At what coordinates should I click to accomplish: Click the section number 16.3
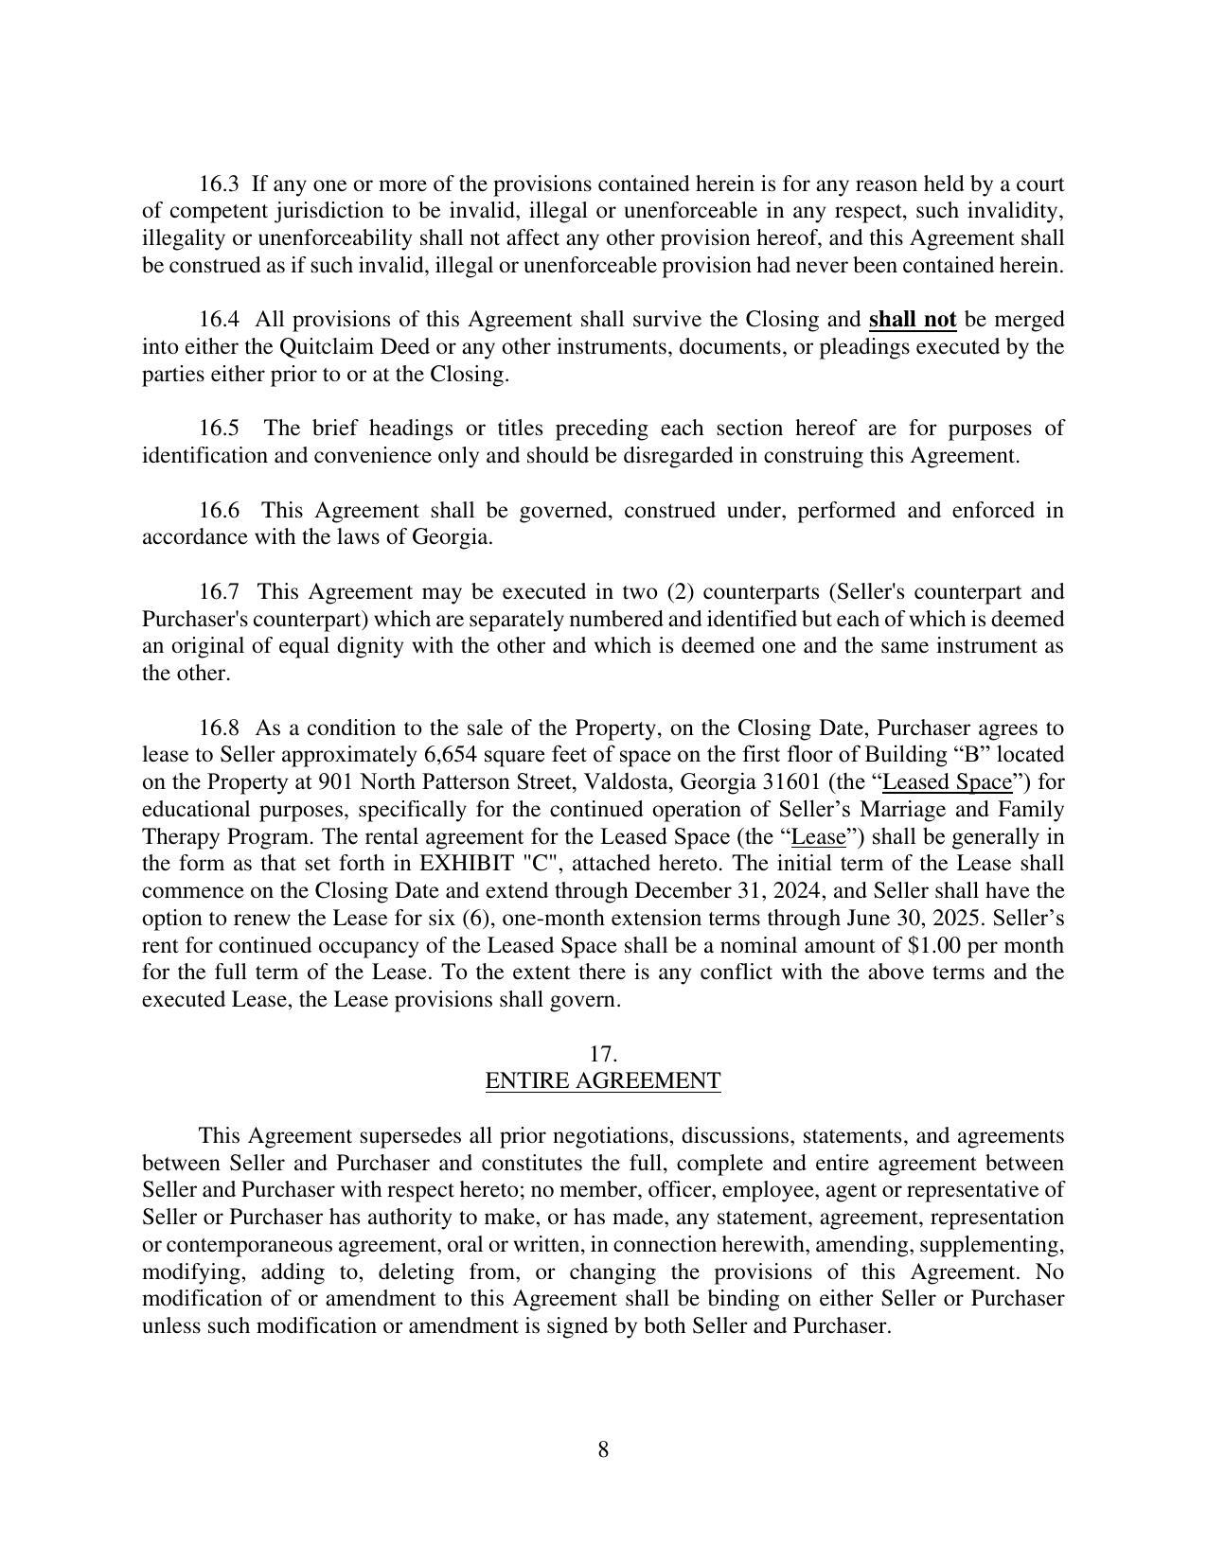click(219, 184)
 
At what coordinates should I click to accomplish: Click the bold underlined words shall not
click(912, 319)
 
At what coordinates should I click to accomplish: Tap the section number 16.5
click(219, 429)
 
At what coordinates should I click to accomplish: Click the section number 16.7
click(219, 592)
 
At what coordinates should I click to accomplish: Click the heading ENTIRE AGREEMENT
click(603, 1081)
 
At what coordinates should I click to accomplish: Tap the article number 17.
click(603, 1054)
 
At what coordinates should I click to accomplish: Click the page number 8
click(603, 1449)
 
